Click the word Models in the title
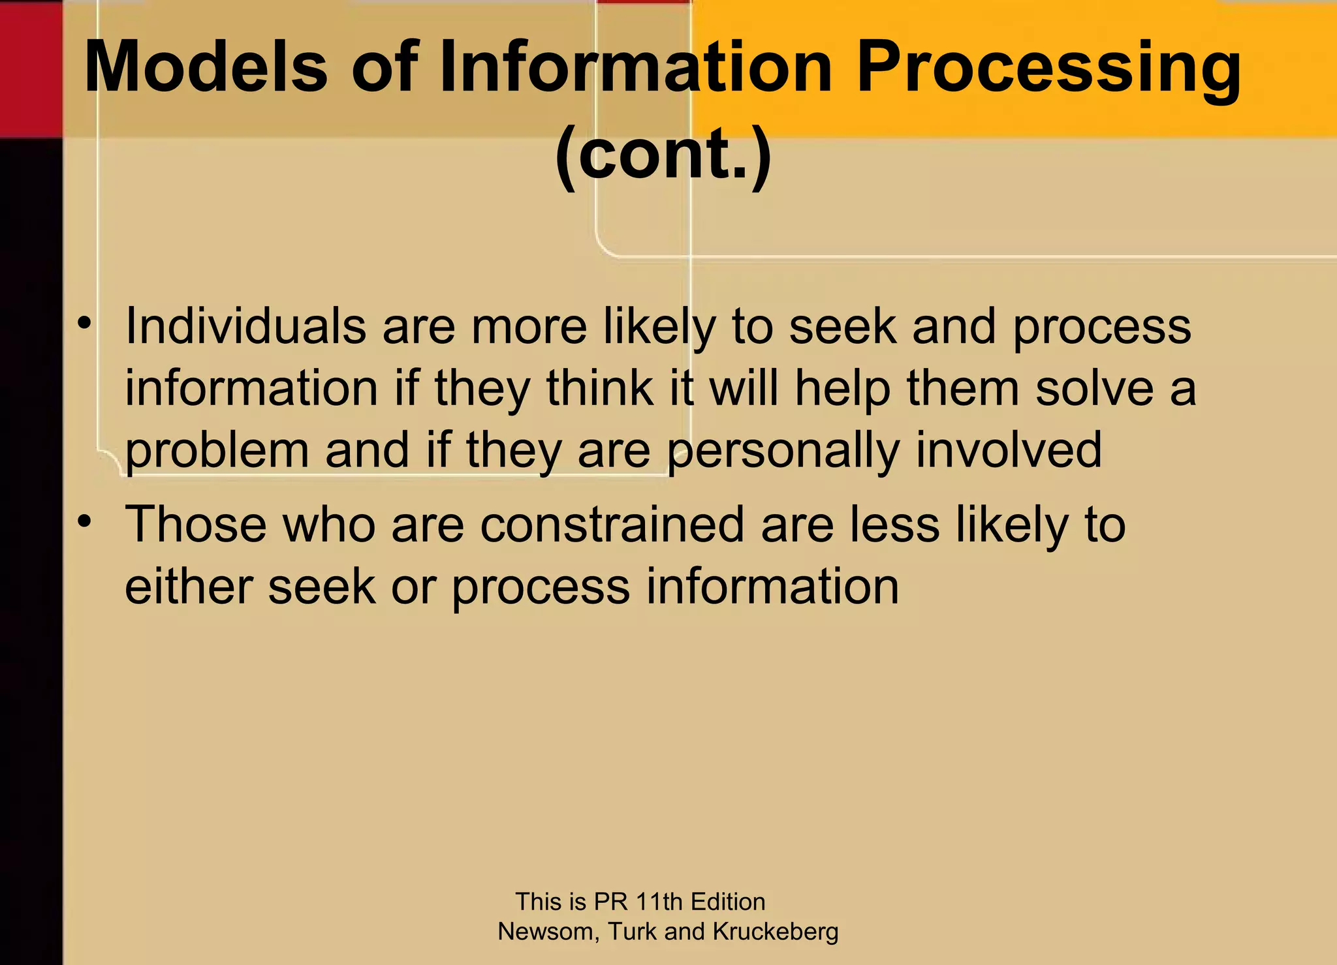click(x=206, y=67)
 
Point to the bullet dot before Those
click(x=84, y=521)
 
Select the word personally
click(x=783, y=452)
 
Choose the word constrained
click(x=612, y=524)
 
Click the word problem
click(x=216, y=452)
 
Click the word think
click(x=599, y=388)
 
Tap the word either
click(x=188, y=586)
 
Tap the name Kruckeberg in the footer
click(x=776, y=931)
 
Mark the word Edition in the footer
click(x=728, y=901)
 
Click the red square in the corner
click(x=31, y=68)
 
